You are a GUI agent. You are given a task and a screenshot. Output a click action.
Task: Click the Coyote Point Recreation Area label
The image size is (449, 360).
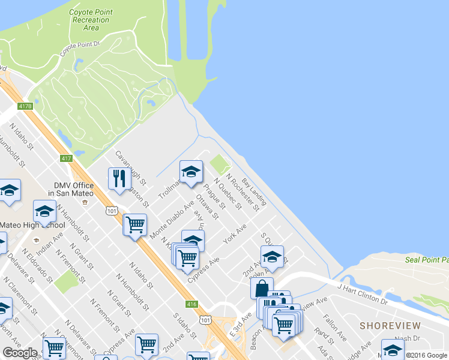pos(91,20)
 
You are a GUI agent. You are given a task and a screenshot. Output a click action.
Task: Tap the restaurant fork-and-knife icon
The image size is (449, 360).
pos(119,178)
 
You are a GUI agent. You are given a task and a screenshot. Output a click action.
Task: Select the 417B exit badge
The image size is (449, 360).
pos(25,106)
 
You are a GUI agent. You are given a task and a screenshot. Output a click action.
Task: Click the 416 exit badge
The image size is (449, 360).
pos(192,304)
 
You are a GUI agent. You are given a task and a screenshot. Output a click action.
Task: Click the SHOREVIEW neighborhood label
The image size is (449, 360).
pos(390,325)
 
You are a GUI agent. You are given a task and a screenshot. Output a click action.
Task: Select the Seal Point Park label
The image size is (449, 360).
pos(427,260)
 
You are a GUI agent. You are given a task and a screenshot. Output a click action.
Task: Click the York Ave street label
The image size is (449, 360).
pos(235,233)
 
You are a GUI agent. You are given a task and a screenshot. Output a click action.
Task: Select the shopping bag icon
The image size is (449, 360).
pos(262,288)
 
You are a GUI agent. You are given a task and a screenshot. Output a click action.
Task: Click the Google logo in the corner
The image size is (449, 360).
pos(20,353)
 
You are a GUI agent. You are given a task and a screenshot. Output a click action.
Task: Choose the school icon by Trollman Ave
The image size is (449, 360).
pos(190,172)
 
